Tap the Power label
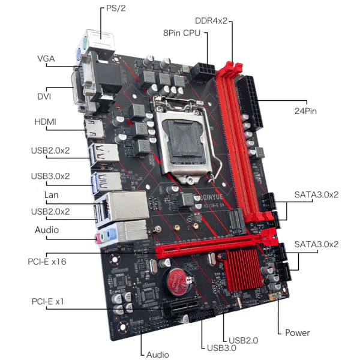click(297, 332)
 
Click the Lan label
click(51, 195)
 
